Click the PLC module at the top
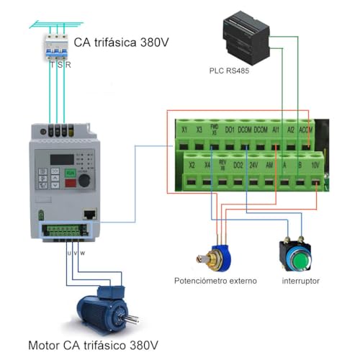pyautogui.click(x=245, y=39)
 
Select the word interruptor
pyautogui.click(x=301, y=280)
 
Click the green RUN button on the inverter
pyautogui.click(x=71, y=174)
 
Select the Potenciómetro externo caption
pyautogui.click(x=215, y=280)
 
